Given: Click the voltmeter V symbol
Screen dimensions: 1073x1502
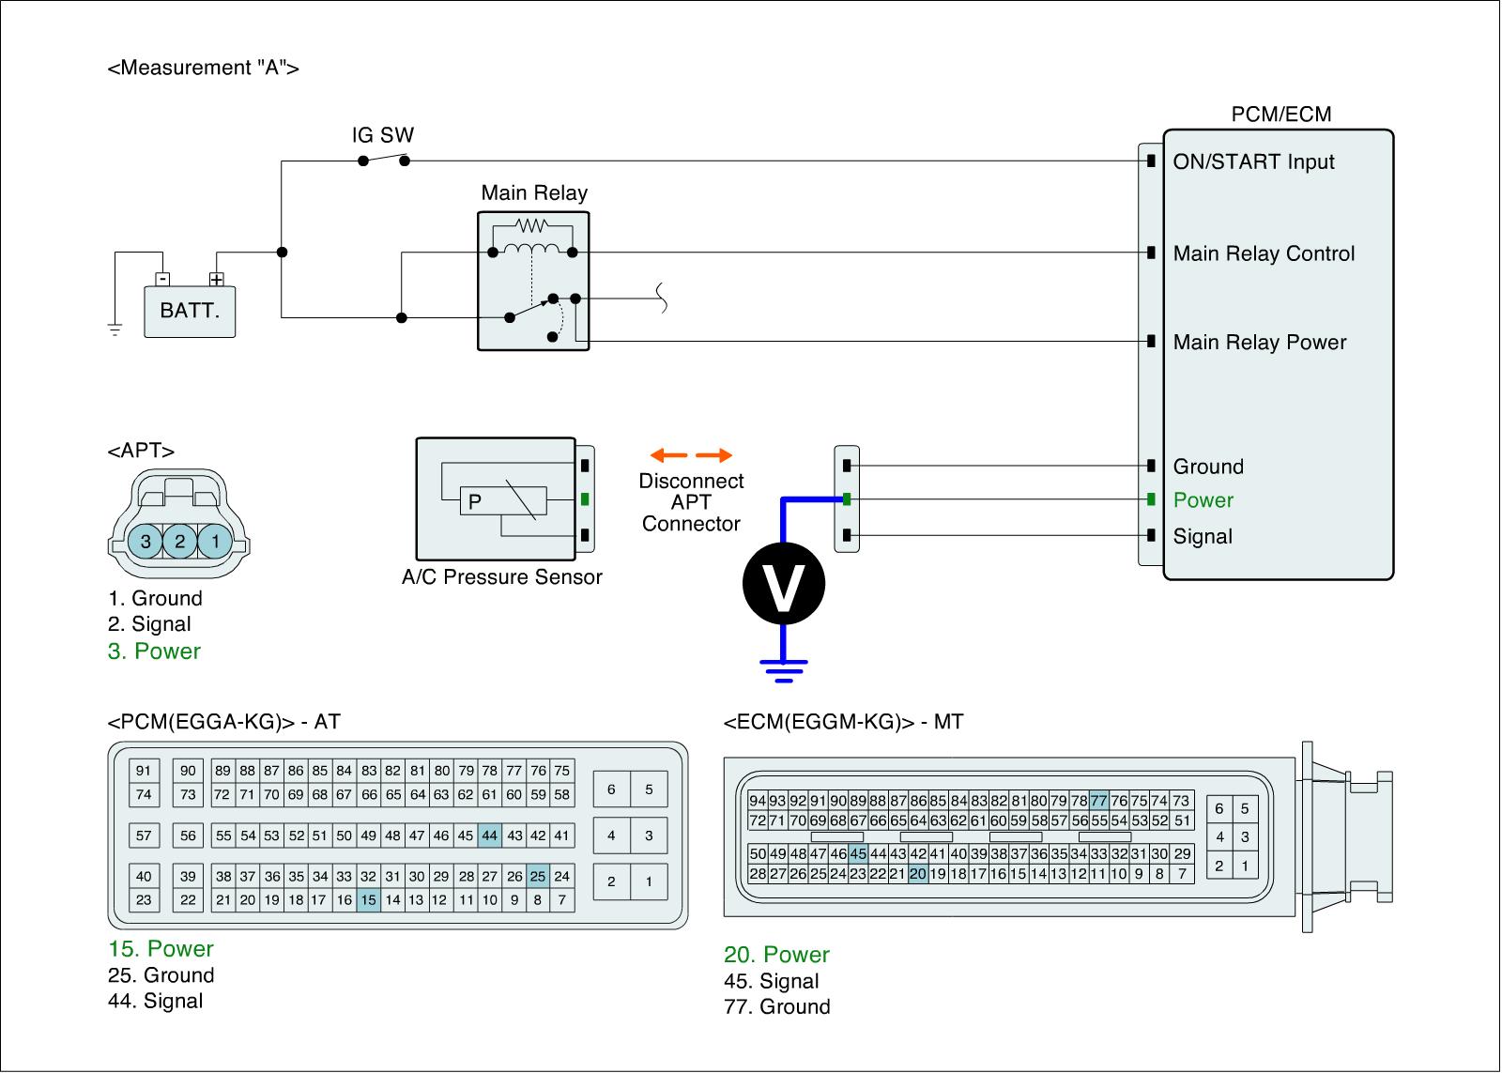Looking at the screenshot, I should (x=784, y=584).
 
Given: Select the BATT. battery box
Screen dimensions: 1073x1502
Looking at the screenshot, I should (x=190, y=311).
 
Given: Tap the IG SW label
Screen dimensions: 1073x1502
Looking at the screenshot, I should (x=383, y=135).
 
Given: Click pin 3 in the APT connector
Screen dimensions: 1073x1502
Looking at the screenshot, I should (x=146, y=541).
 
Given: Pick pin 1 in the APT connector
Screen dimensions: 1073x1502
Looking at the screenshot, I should (x=215, y=541).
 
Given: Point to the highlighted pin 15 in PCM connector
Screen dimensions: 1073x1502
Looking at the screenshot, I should (x=369, y=900).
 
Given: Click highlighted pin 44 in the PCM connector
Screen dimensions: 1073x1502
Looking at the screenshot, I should (x=489, y=835).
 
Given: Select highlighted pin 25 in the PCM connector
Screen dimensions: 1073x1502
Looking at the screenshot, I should (x=537, y=877).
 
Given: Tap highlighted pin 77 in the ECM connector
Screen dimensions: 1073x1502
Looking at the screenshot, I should (x=1099, y=801).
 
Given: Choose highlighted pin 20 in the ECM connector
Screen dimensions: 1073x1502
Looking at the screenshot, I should (x=918, y=874).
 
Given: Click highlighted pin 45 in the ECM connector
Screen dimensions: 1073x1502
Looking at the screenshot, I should (x=858, y=853).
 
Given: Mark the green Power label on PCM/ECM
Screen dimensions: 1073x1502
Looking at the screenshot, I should (x=1203, y=500).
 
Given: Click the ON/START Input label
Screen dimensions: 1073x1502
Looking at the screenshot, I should (x=1253, y=161).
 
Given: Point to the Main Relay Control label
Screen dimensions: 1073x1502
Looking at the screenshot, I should (x=1264, y=253).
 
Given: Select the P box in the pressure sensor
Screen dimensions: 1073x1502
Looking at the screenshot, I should (x=475, y=502).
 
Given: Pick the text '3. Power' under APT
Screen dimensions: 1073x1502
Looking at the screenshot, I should (x=155, y=651).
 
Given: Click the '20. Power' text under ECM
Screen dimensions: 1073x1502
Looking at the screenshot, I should (x=777, y=955).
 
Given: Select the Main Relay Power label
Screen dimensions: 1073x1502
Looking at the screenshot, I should (x=1260, y=343).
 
